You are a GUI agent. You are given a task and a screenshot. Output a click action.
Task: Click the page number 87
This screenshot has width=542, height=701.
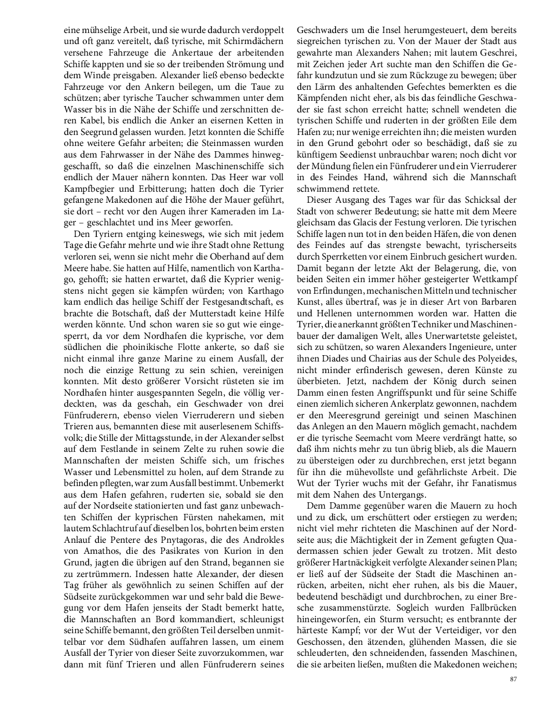pos(513,680)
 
